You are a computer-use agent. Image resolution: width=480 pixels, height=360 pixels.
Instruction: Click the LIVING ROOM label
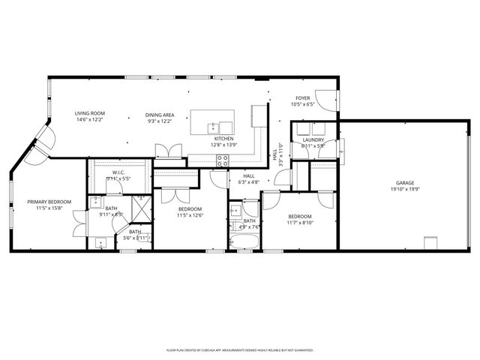click(x=89, y=114)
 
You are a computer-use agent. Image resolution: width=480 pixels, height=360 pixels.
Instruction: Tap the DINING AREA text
click(x=160, y=114)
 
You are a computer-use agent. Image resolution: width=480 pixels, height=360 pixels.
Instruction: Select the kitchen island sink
click(x=213, y=124)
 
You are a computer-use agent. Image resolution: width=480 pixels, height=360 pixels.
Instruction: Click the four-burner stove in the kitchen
click(x=223, y=159)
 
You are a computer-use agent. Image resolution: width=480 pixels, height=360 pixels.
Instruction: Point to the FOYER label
click(x=302, y=98)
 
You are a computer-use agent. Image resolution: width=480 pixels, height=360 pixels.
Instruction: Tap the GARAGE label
click(x=405, y=183)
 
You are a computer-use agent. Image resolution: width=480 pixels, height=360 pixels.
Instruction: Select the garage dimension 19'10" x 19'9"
click(x=405, y=189)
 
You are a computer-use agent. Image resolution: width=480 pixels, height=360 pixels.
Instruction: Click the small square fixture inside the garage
click(x=431, y=244)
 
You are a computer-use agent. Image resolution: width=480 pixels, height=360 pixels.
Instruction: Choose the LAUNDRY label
click(x=313, y=140)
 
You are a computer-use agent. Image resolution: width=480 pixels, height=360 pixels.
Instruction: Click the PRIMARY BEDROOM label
click(x=49, y=202)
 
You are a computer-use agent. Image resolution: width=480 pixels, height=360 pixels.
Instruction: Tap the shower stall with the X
click(x=141, y=205)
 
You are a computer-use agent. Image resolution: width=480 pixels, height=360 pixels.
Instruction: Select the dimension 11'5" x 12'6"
click(x=190, y=215)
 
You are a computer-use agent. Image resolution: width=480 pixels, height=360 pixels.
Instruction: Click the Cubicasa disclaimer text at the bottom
click(x=239, y=349)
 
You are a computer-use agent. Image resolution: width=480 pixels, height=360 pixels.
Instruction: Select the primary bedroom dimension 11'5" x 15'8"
click(x=49, y=208)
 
